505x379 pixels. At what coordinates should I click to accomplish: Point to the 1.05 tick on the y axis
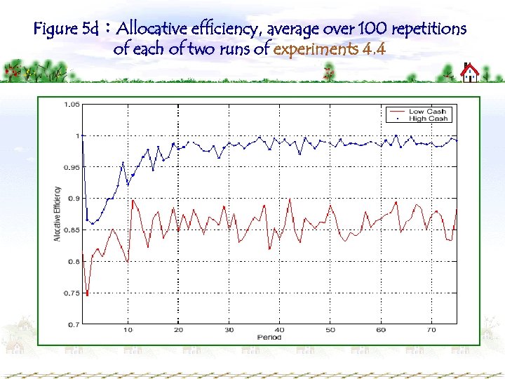tap(72, 105)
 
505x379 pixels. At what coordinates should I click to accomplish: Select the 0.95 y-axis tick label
tap(72, 167)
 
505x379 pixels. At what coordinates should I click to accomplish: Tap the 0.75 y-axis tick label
tap(72, 293)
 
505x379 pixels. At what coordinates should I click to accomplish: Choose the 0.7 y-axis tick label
tap(73, 325)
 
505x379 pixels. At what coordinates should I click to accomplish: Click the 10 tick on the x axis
tap(128, 330)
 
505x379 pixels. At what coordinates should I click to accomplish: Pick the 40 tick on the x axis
tap(279, 330)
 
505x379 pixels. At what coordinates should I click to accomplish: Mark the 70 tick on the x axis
tap(431, 330)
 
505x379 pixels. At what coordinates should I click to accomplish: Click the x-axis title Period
tap(269, 338)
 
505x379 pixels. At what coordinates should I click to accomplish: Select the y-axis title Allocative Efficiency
tap(58, 214)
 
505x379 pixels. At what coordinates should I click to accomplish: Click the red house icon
tap(469, 72)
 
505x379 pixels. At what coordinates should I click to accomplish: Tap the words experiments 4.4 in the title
tap(330, 50)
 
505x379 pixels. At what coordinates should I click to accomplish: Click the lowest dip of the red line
tap(88, 295)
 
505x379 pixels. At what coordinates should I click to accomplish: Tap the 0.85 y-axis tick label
tap(72, 230)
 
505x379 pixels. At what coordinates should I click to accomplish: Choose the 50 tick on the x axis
tap(330, 330)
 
